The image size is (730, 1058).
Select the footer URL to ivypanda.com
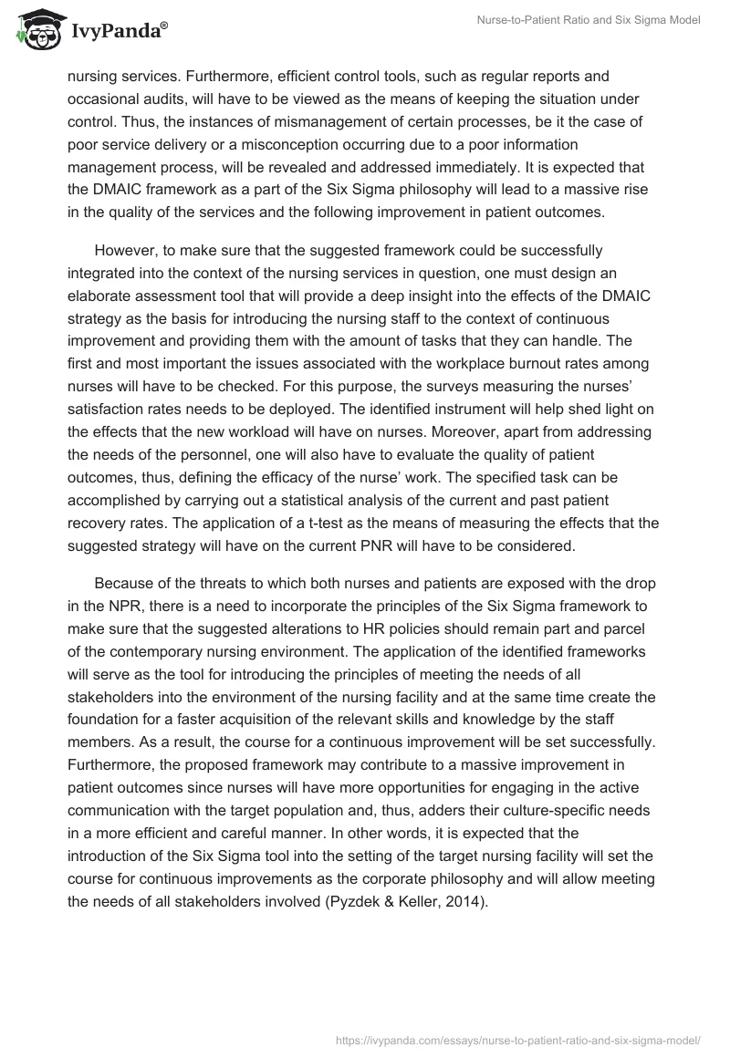pos(516,1039)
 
